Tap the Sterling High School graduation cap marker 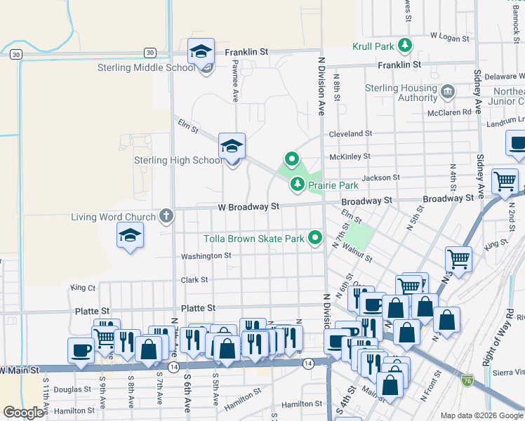[232, 147]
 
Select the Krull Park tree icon [404, 46]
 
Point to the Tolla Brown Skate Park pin [315, 239]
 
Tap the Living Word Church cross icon [166, 216]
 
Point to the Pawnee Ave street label [235, 81]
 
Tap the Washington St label [206, 256]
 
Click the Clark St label [194, 280]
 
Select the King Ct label [83, 288]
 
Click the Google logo [23, 413]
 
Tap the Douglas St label [72, 389]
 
